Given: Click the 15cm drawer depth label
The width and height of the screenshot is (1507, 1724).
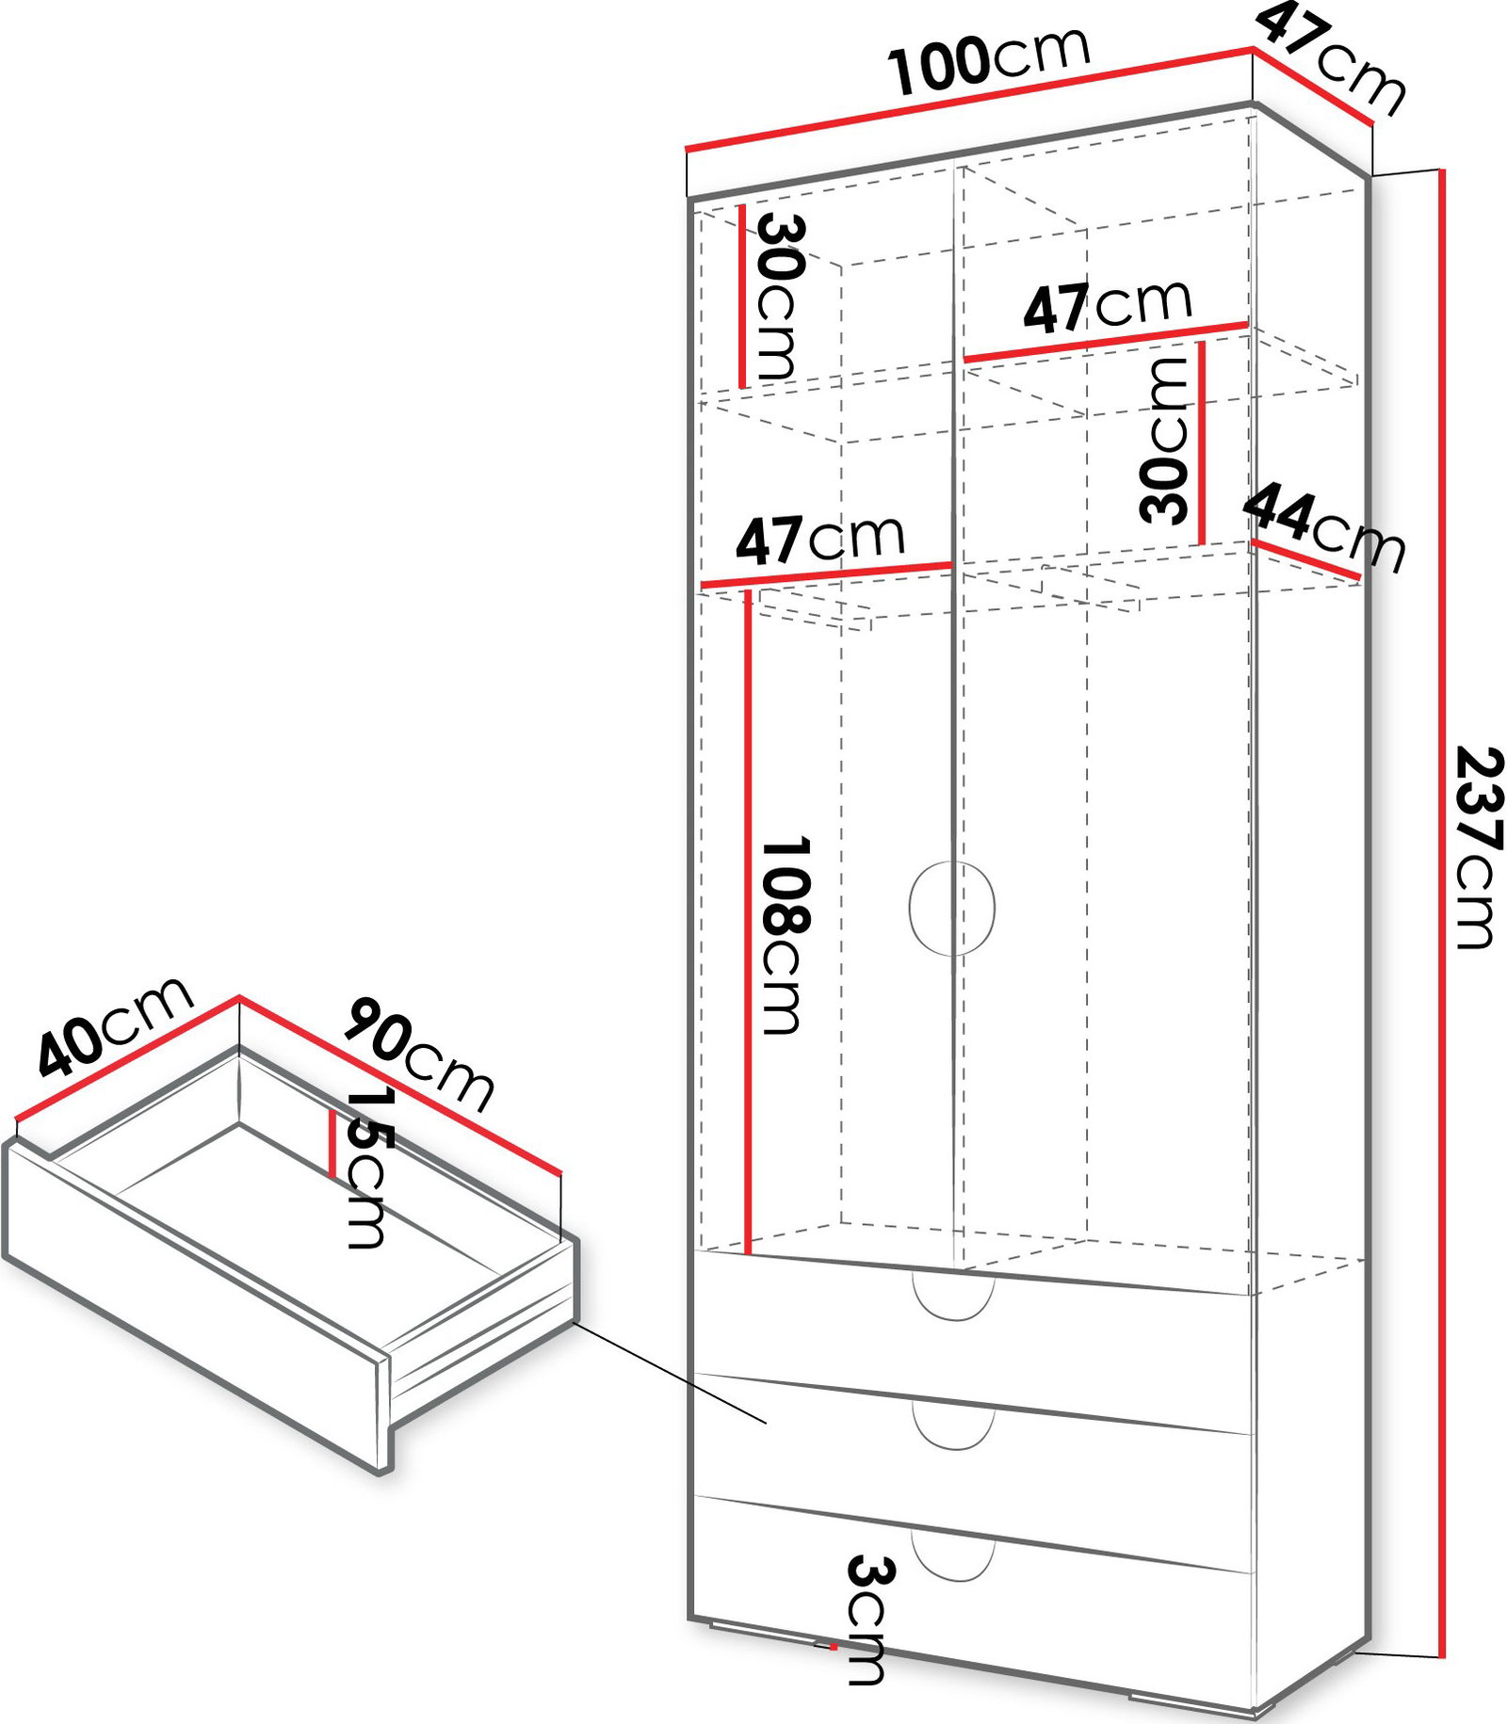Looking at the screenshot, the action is coord(367,1168).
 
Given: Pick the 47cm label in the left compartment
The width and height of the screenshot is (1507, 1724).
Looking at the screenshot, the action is coord(819,539).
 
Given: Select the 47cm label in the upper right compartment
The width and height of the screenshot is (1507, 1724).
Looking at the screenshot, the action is coord(1108,305).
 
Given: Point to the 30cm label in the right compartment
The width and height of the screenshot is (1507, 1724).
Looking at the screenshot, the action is coord(1164,441).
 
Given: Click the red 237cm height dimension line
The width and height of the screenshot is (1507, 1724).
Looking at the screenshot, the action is coord(1441,913).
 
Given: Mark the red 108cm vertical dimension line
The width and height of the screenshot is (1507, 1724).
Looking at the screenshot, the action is coord(748,923).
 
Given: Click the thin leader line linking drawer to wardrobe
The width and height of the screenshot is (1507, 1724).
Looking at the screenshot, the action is coord(670,1372).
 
